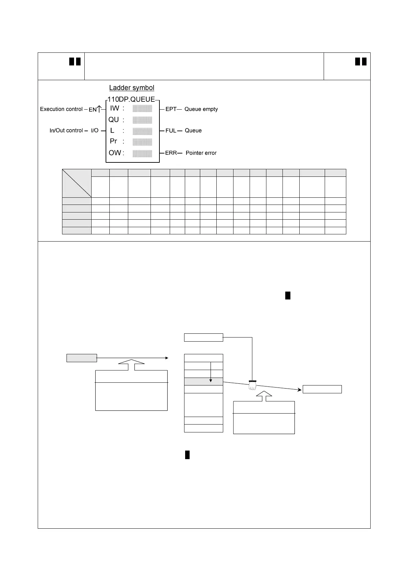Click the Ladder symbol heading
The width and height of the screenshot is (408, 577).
pos(132,88)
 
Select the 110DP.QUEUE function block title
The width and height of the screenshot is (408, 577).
pos(131,100)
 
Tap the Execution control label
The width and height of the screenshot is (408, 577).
pos(61,109)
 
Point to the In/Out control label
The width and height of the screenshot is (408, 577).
pos(66,131)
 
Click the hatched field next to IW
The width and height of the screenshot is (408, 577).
pos(142,109)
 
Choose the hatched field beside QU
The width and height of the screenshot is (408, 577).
pos(142,120)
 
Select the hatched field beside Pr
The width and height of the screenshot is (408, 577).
pos(142,142)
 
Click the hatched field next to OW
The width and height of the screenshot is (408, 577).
pos(142,153)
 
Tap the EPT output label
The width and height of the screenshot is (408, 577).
pos(171,109)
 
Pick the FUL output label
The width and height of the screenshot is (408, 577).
pos(171,131)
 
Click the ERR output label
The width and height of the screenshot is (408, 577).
pos(171,153)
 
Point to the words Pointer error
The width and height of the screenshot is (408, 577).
pos(201,153)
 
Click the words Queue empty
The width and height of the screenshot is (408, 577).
pos(201,109)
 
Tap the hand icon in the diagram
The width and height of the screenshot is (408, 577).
pos(252,386)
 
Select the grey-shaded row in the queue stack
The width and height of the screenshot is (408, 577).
pos(203,381)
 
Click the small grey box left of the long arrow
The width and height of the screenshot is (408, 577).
pos(82,358)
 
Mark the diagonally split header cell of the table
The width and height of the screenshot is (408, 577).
pos(77,183)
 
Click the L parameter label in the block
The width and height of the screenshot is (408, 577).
pos(112,131)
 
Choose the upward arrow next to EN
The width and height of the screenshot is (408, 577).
pos(99,109)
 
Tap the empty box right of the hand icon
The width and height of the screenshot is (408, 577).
pos(322,389)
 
